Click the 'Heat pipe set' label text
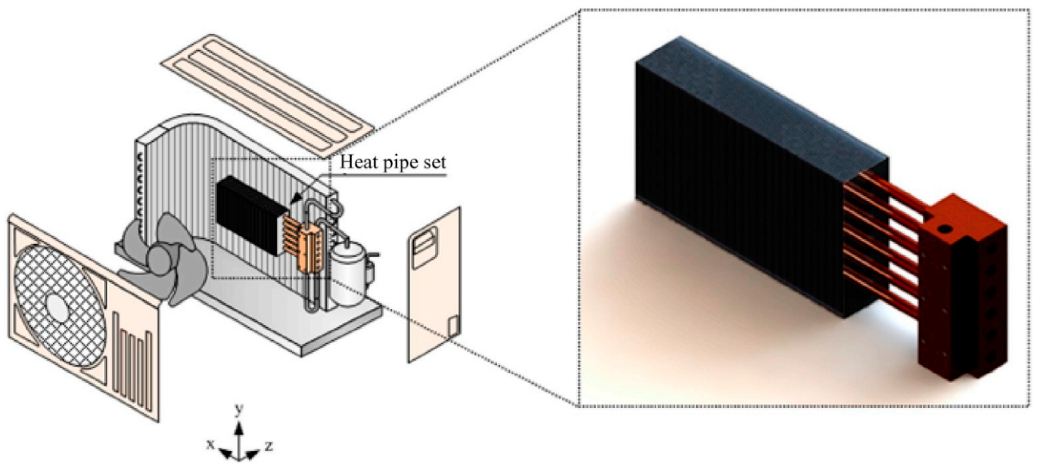coord(393,162)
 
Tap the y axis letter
coord(239,410)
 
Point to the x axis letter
coord(210,444)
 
